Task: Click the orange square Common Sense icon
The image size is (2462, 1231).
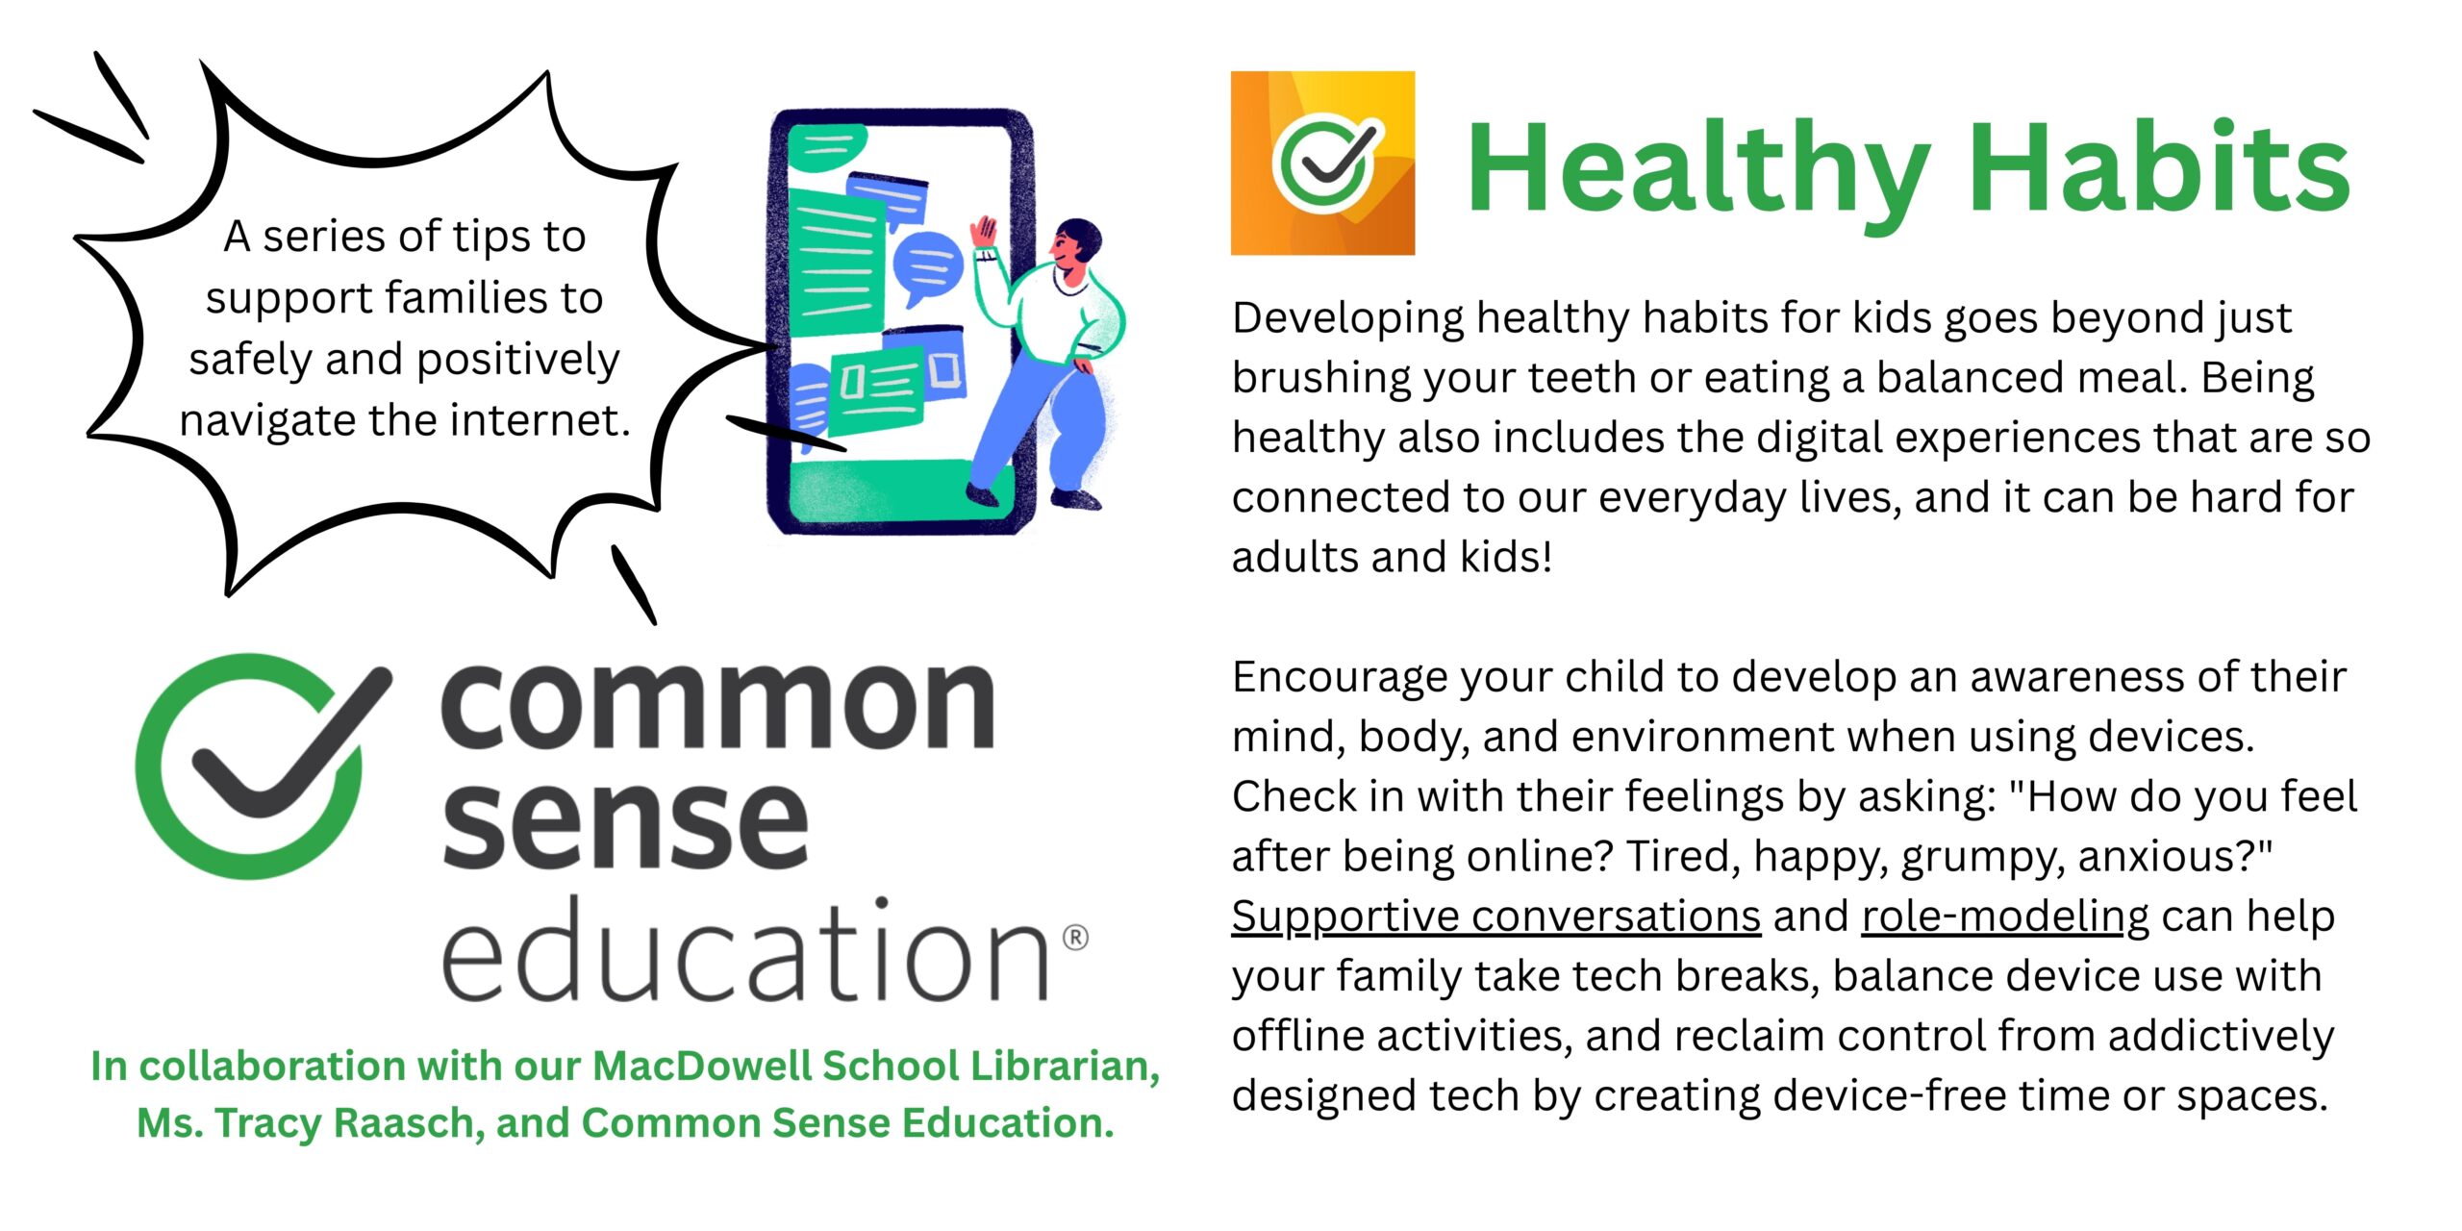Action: tap(1322, 163)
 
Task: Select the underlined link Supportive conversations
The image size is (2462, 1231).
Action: tap(1495, 917)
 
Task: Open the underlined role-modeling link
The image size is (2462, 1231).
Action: tap(2005, 917)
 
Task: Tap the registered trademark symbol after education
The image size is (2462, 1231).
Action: tap(1075, 937)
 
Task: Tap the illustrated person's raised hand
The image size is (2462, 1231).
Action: tap(985, 234)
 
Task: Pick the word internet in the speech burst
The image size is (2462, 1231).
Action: tap(538, 420)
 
